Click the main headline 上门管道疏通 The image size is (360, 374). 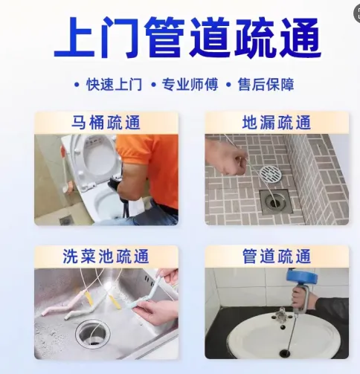(187, 37)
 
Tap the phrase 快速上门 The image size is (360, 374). (114, 85)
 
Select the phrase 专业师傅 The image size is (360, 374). (190, 85)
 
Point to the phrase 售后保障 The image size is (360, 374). (266, 85)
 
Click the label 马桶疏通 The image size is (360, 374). (106, 123)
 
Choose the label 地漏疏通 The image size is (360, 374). (277, 123)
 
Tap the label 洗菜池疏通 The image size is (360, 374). (106, 257)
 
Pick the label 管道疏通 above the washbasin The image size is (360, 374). (277, 257)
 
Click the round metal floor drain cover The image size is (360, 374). (271, 174)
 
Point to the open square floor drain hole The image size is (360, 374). (275, 201)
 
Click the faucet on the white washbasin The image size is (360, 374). (282, 314)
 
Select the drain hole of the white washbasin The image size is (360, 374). (284, 352)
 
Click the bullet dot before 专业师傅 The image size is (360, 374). (154, 85)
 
